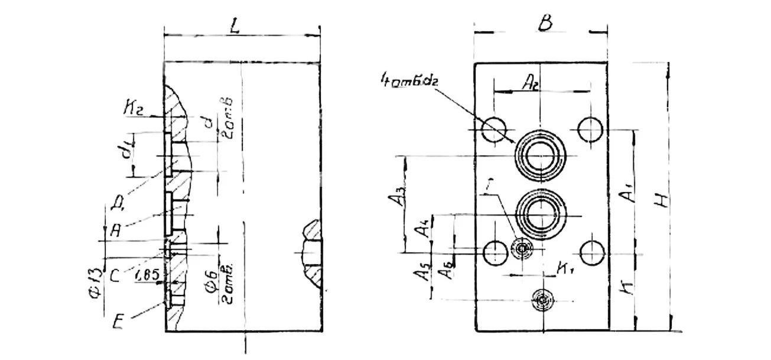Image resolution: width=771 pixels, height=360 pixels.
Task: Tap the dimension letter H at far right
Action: point(665,200)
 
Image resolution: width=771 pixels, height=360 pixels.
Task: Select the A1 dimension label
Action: point(630,193)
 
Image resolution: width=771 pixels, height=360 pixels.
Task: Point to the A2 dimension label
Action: point(530,85)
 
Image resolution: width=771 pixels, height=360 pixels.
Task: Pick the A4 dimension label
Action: point(421,226)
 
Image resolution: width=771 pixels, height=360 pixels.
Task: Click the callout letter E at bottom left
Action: point(118,323)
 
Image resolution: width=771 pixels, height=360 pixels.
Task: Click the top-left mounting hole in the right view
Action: point(494,129)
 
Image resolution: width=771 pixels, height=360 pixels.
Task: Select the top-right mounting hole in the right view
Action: point(590,129)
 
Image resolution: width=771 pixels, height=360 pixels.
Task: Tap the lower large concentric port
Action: point(541,213)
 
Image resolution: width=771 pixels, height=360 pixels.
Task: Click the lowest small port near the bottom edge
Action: point(542,300)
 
